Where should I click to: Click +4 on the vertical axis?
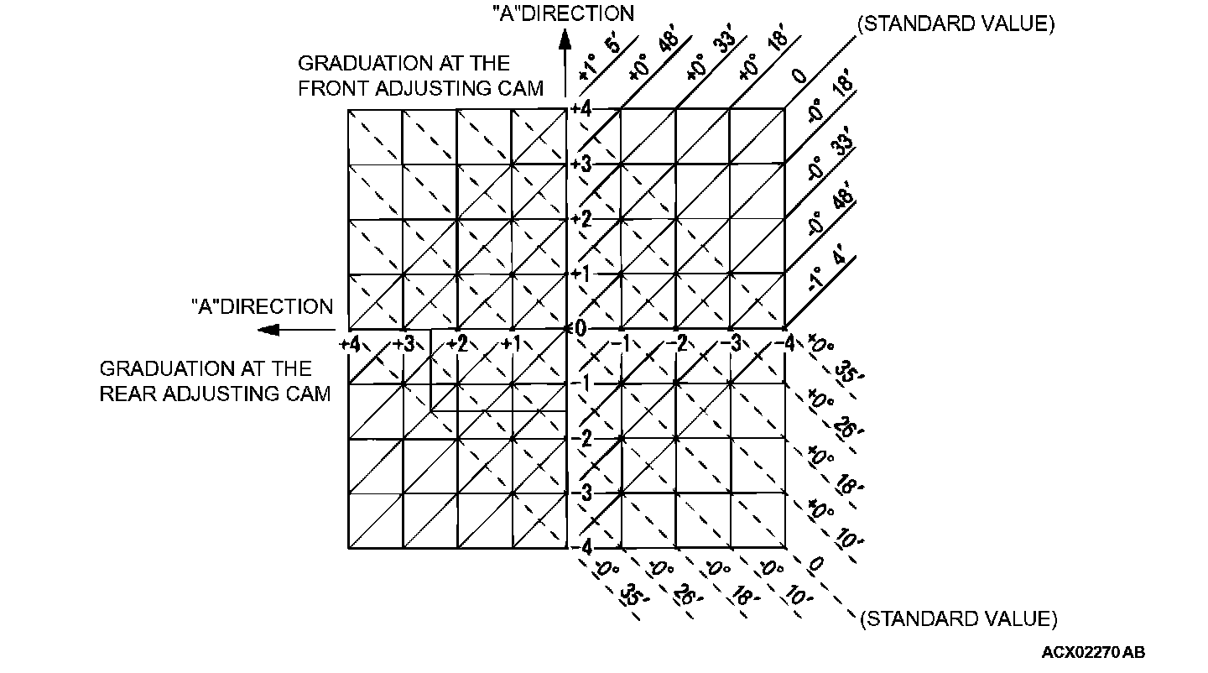point(581,108)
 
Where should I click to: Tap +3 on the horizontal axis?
point(405,343)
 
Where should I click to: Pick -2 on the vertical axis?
point(582,439)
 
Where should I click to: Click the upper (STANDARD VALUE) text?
point(955,23)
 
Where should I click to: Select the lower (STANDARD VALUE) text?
point(958,619)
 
